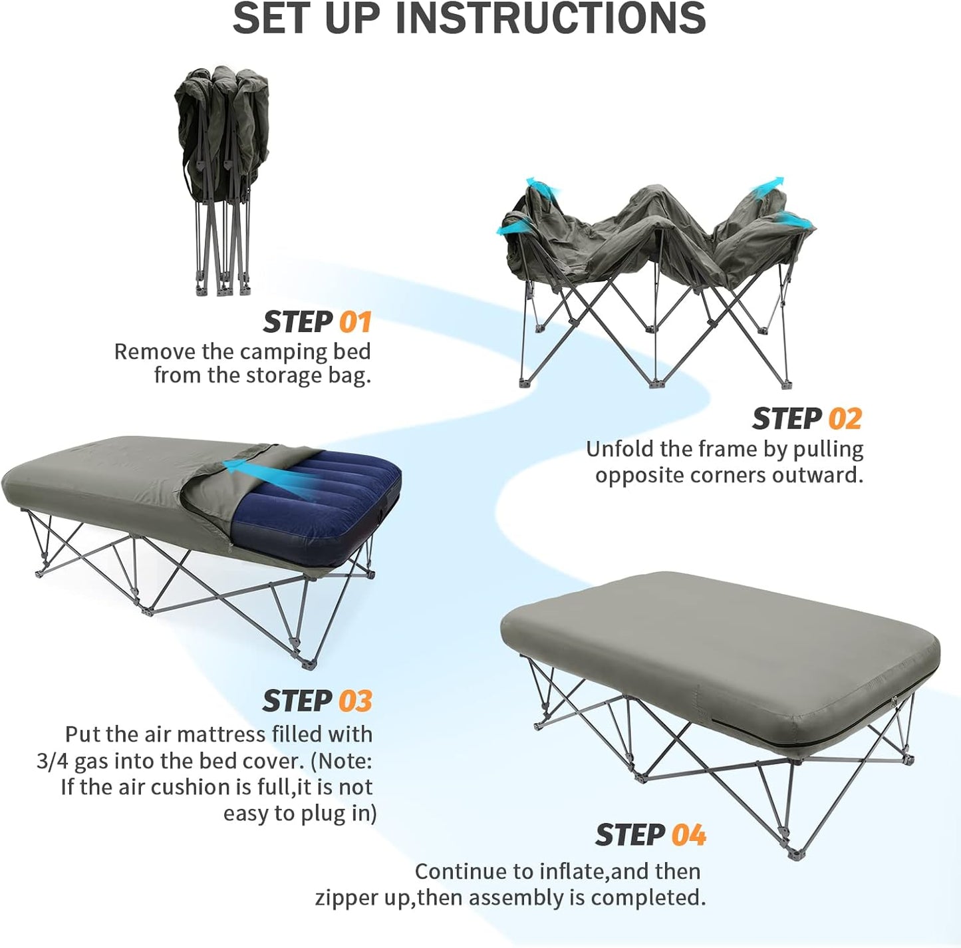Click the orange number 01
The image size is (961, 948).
(x=355, y=323)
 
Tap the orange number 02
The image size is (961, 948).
(x=845, y=419)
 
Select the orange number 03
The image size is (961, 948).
(x=355, y=701)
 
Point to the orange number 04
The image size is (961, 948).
(x=688, y=836)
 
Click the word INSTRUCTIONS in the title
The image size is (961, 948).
(x=551, y=19)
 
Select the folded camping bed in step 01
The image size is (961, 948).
(x=221, y=180)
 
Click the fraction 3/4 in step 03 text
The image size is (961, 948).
(x=53, y=761)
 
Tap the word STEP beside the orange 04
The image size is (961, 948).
(x=630, y=836)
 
